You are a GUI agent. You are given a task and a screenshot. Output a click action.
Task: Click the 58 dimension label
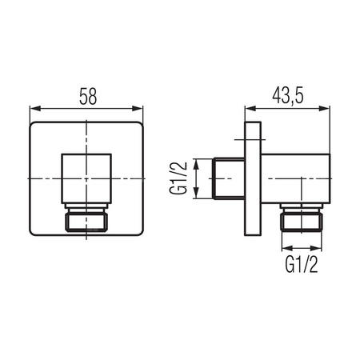(88, 96)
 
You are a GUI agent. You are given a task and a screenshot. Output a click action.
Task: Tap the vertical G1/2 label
(178, 178)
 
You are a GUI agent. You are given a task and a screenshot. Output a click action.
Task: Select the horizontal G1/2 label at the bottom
(302, 264)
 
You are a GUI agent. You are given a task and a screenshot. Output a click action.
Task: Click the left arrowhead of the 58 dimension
(35, 109)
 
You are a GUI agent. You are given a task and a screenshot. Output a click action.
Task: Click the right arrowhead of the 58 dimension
(138, 109)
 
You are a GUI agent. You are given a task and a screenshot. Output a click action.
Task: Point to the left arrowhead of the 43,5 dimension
(250, 108)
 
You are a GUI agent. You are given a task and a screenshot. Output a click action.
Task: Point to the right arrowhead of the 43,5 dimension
(324, 108)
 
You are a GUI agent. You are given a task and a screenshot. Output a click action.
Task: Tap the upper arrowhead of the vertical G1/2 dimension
(196, 164)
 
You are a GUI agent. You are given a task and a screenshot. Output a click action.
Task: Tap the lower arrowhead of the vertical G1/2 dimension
(196, 193)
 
